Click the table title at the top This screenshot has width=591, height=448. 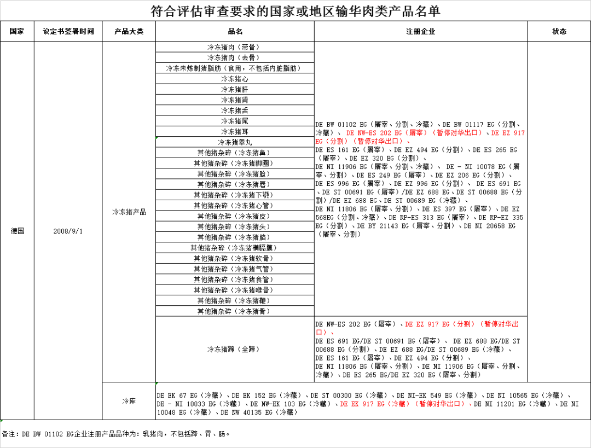296,11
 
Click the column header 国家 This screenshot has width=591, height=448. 17,32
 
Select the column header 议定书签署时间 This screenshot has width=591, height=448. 68,32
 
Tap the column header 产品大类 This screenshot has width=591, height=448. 129,32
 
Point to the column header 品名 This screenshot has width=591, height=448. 235,32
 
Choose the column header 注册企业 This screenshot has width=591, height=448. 420,32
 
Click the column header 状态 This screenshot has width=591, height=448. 559,32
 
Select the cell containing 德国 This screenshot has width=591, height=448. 17,231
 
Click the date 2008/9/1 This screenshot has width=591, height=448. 68,231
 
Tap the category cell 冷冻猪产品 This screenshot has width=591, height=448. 129,212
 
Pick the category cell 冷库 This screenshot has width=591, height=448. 129,402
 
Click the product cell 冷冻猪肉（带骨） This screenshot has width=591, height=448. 235,47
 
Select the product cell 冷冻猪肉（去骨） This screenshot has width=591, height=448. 235,57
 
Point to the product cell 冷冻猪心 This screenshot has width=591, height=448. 235,79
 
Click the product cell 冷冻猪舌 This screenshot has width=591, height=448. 235,110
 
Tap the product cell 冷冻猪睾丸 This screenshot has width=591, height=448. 235,142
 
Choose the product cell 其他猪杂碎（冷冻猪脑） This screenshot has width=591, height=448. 235,237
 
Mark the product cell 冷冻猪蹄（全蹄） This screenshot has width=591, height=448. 235,349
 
